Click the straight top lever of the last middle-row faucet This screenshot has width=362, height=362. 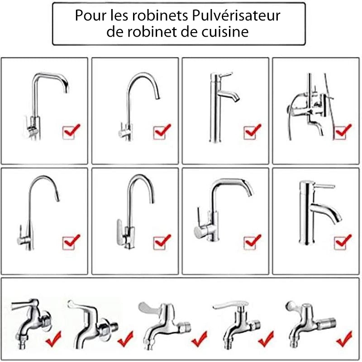point(322,186)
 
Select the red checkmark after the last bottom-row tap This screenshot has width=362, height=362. point(345,337)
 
